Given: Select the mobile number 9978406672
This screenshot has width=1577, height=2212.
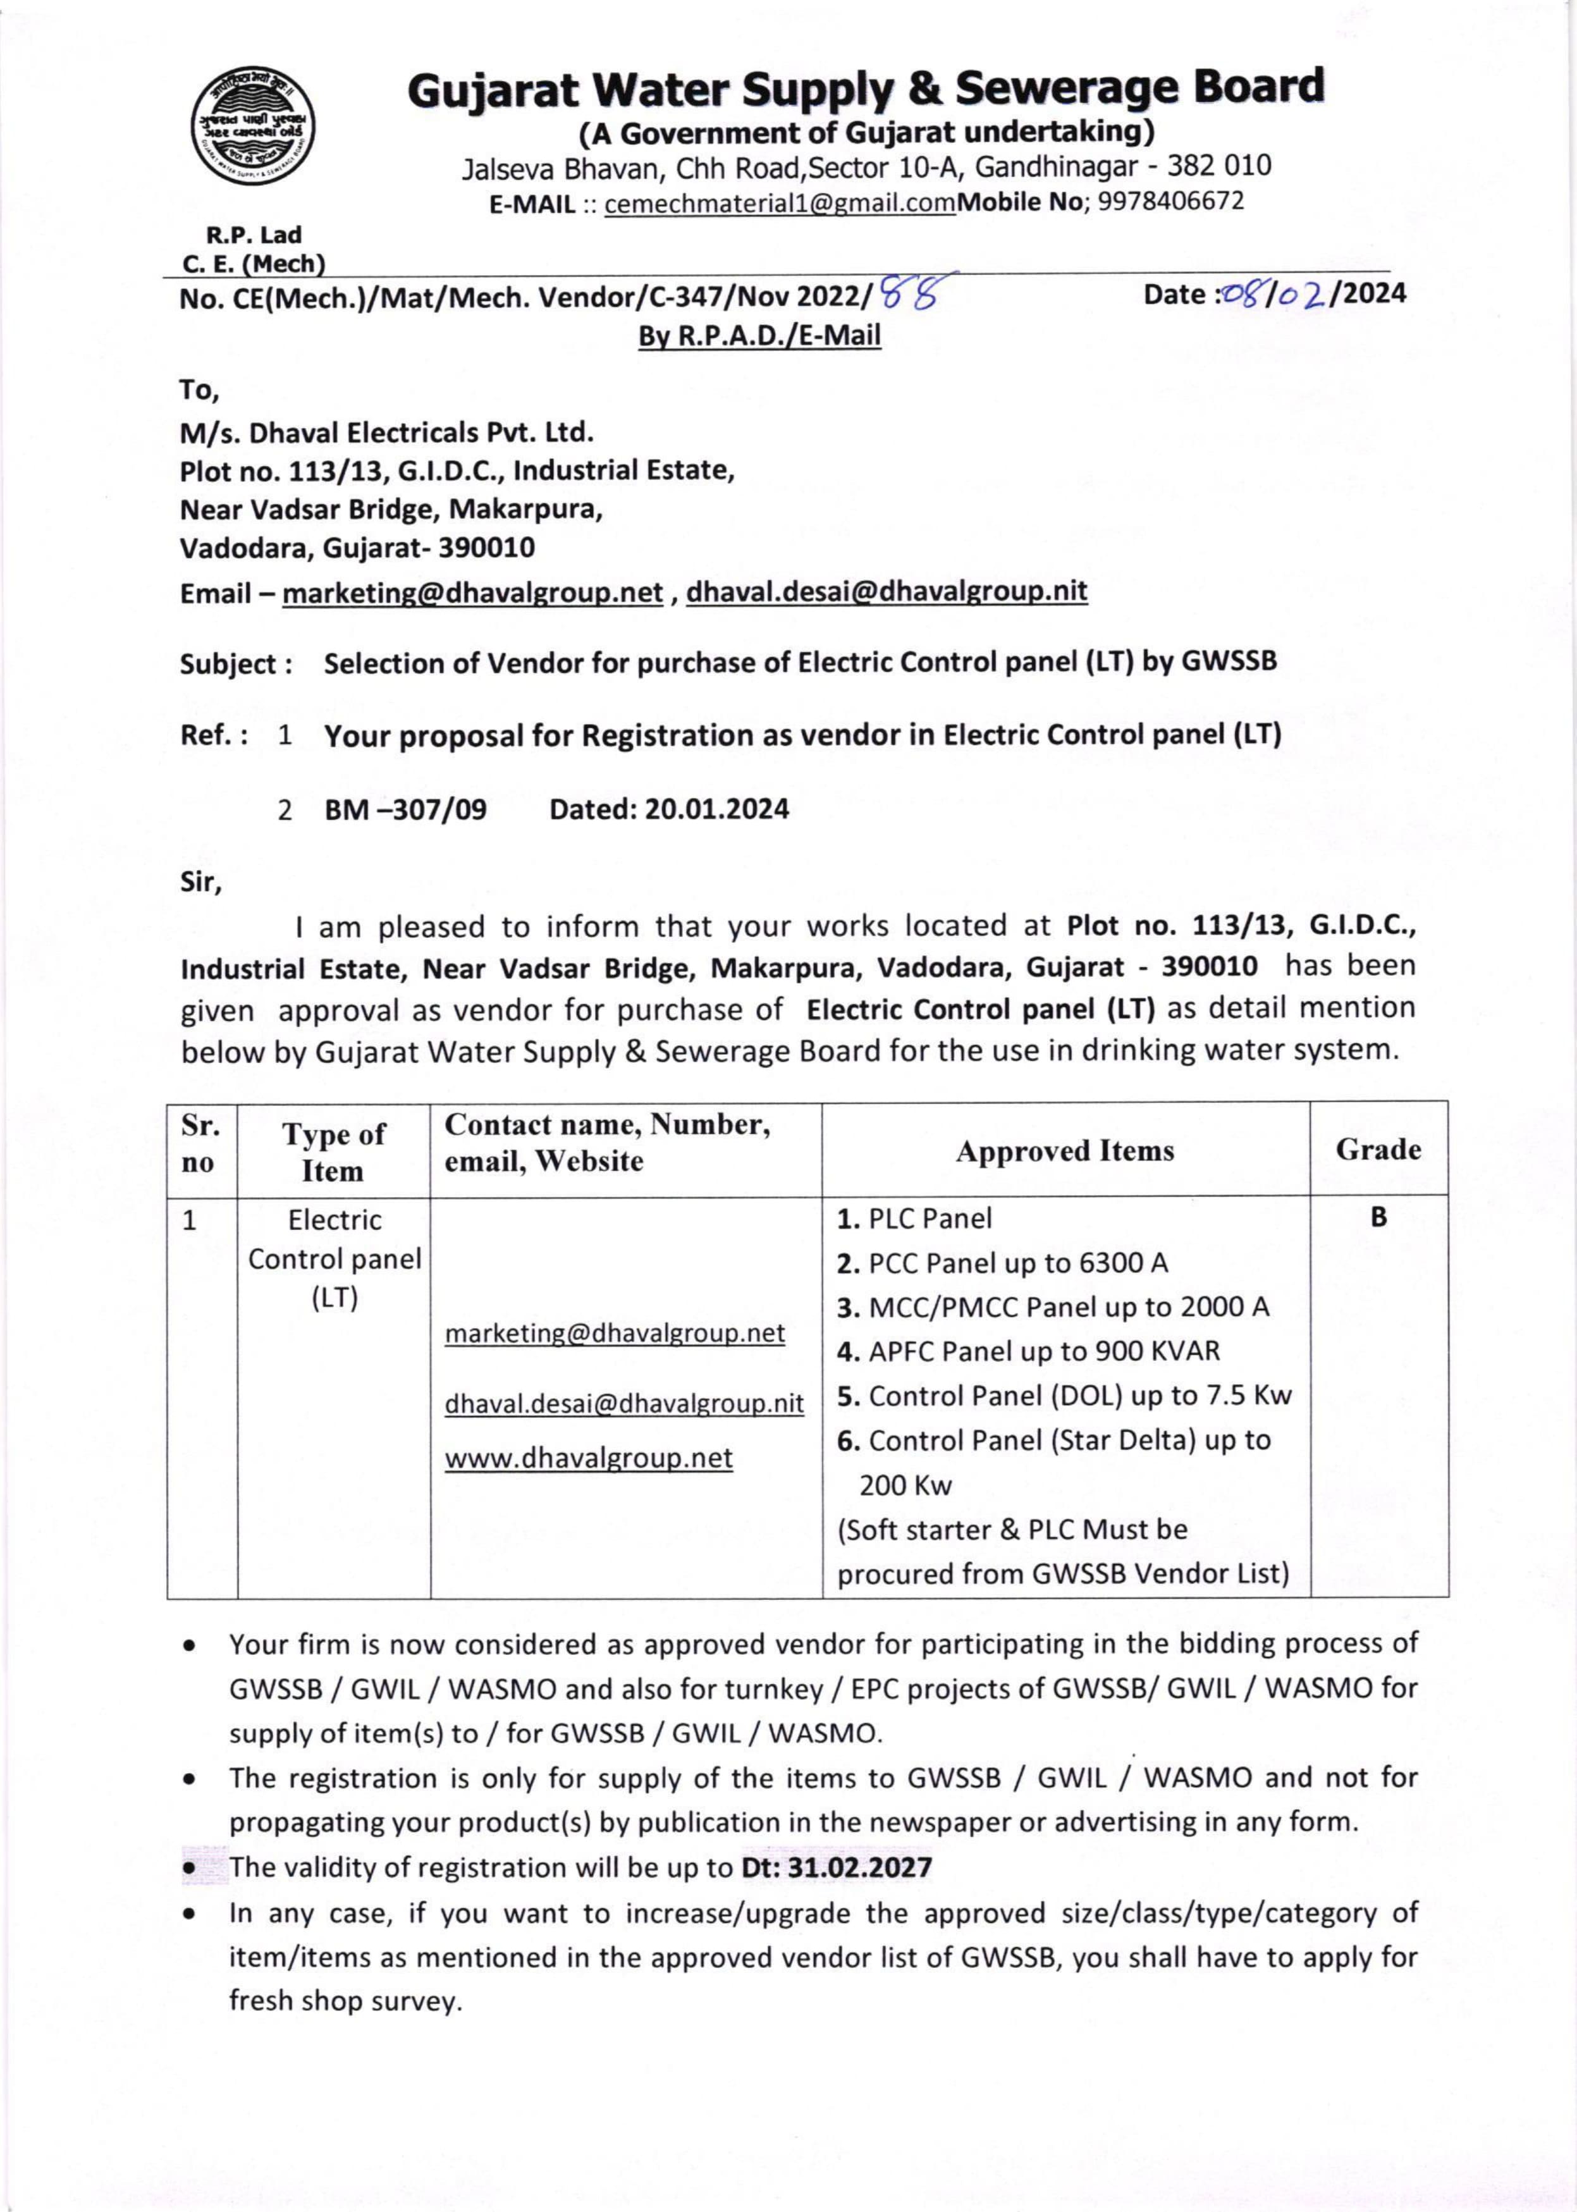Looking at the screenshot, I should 1170,202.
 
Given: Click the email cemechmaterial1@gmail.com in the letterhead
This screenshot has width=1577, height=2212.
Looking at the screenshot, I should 780,203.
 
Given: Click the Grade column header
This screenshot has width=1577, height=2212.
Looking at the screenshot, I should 1378,1150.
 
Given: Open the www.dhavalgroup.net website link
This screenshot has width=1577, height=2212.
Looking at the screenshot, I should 589,1458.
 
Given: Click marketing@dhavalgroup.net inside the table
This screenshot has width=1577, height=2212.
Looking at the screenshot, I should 615,1333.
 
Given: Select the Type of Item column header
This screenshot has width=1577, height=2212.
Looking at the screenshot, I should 333,1152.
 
